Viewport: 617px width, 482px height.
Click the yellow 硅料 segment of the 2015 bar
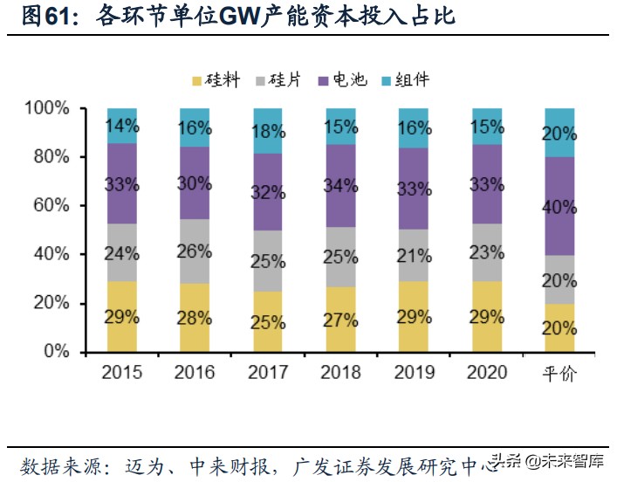click(x=122, y=316)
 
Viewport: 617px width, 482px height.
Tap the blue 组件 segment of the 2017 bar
click(x=268, y=131)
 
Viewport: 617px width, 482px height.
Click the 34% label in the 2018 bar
click(x=341, y=184)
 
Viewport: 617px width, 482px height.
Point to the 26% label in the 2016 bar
click(x=195, y=251)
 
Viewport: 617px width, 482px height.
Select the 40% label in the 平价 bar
click(x=559, y=207)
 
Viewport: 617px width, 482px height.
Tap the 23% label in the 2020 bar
click(x=487, y=254)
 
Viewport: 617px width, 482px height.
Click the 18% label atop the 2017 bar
click(x=268, y=132)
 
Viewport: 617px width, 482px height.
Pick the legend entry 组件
click(x=401, y=80)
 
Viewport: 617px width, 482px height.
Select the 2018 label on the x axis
click(x=341, y=374)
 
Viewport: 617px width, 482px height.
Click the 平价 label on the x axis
click(x=559, y=374)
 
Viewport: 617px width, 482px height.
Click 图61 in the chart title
click(x=43, y=16)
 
